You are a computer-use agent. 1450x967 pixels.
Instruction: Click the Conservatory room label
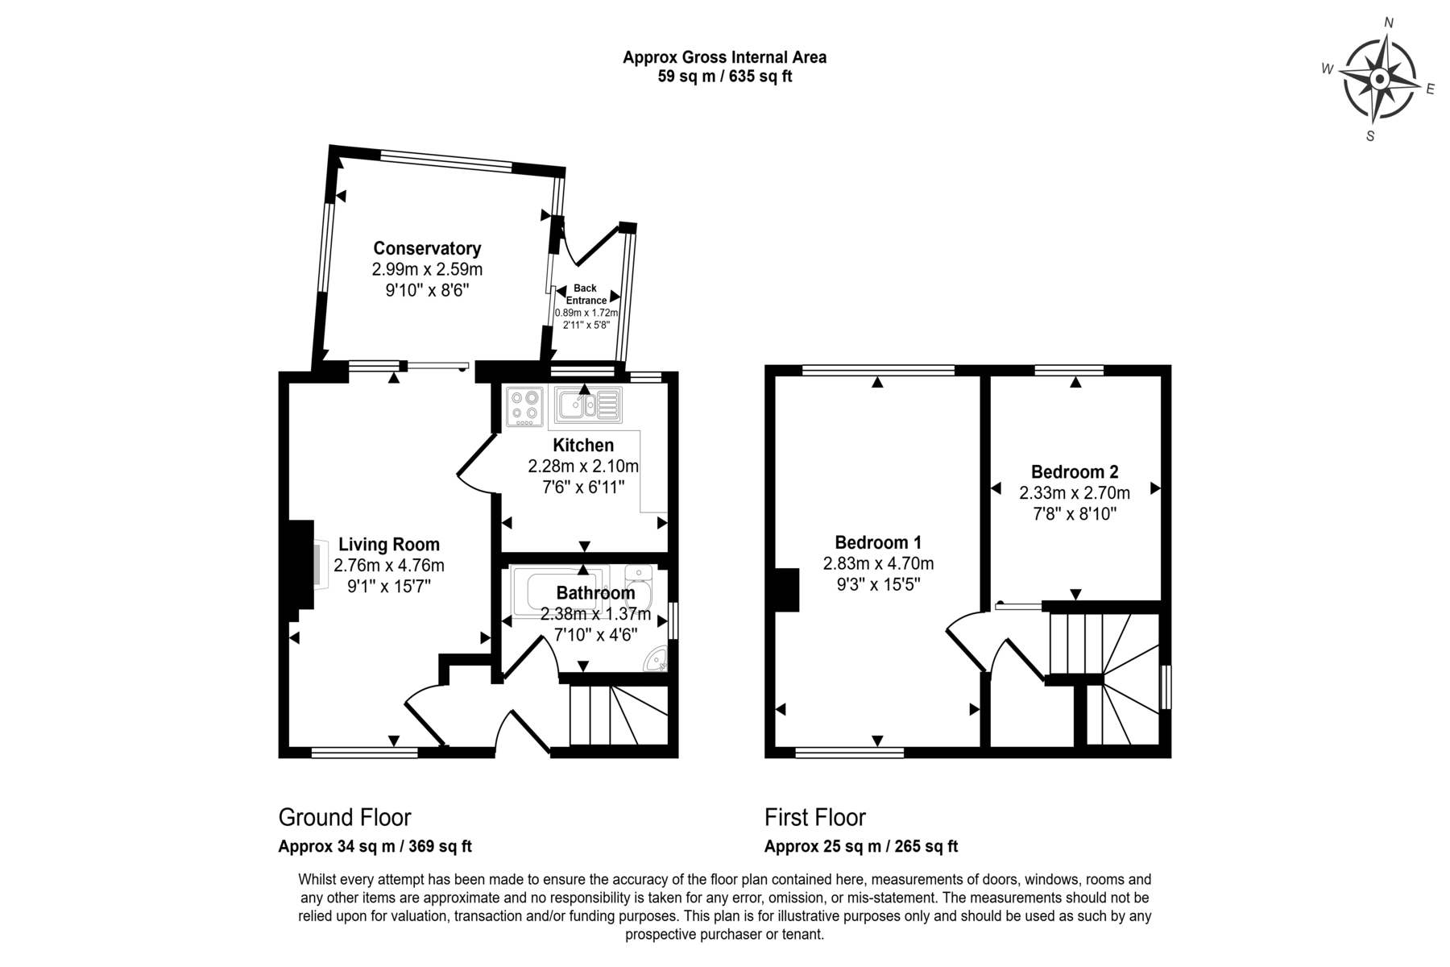(427, 248)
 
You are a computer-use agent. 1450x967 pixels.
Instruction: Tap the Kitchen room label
(583, 445)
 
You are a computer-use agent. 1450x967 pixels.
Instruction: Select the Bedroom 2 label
(1075, 471)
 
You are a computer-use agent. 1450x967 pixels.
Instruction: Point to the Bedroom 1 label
(878, 542)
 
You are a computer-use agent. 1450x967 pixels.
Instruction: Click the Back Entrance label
(586, 294)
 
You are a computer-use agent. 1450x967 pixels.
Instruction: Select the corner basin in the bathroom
(657, 660)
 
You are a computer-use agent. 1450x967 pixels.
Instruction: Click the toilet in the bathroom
(638, 584)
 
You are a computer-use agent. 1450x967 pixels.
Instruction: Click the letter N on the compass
(1389, 23)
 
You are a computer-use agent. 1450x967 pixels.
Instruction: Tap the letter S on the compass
(1370, 136)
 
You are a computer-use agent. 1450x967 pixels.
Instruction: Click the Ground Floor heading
(345, 817)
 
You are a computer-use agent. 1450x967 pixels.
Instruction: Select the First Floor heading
(815, 817)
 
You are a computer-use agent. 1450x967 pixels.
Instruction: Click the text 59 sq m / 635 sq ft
(725, 77)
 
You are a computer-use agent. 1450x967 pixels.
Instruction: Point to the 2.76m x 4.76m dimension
(389, 566)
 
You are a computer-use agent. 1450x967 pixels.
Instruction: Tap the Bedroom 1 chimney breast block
(786, 590)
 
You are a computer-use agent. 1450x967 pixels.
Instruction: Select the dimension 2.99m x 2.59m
(427, 269)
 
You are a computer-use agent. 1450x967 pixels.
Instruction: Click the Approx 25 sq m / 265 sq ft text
(861, 847)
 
